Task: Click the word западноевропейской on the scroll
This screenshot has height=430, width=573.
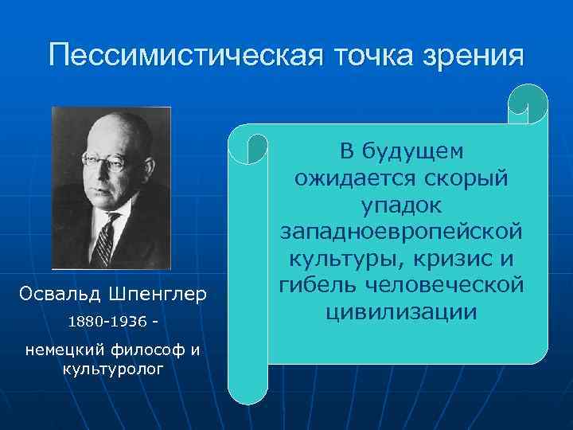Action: [x=403, y=232]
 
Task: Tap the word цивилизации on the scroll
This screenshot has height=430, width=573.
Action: [x=403, y=312]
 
